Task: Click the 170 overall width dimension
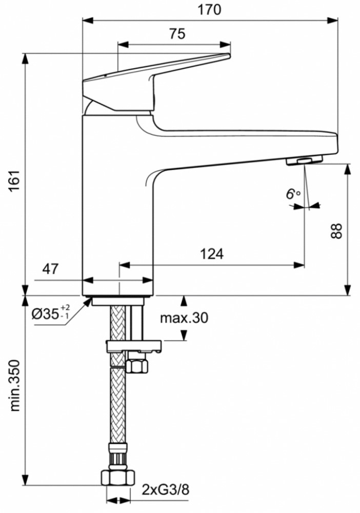coord(209,10)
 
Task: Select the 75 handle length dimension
coord(177,34)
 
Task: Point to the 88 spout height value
coord(336,231)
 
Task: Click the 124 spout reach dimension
coord(212,253)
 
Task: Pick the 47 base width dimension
coord(50,269)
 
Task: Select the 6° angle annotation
coord(293,194)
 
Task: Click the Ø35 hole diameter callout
coord(51,314)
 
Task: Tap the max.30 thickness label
coord(184,318)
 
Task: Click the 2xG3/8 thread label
coord(166,490)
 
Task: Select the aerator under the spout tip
coord(304,160)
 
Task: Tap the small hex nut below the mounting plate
coord(137,365)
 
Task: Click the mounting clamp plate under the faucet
coord(134,346)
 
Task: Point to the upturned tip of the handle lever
coord(226,56)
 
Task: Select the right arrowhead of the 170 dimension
coord(332,21)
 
